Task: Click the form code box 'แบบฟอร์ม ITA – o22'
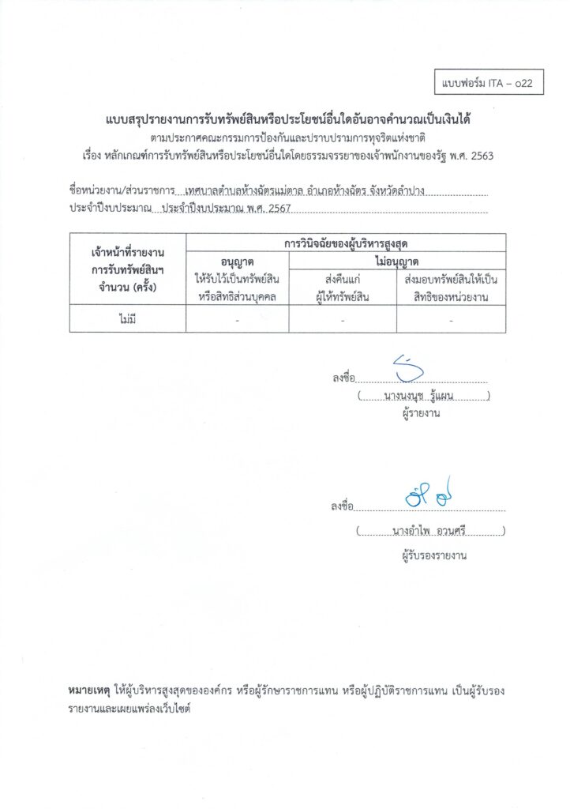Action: point(489,82)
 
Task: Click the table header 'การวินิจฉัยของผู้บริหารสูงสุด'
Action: point(346,243)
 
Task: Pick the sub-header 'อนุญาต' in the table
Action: point(238,261)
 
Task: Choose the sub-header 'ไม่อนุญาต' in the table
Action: point(397,261)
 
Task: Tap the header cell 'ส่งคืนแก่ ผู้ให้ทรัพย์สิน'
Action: point(343,288)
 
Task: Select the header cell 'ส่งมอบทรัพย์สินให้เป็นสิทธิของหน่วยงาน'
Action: point(450,288)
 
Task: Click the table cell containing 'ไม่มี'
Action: point(128,319)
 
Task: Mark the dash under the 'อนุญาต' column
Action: point(238,320)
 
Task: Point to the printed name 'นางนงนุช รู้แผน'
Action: point(422,397)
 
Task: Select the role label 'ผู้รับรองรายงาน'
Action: point(433,555)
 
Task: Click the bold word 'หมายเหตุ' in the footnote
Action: point(89,690)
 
